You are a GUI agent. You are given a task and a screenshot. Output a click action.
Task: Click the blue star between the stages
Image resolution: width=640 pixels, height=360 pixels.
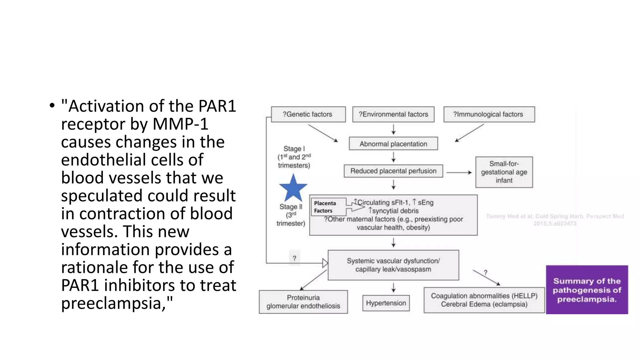[x=293, y=188]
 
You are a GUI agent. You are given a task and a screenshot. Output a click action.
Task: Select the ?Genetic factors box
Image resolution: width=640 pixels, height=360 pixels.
[x=308, y=114]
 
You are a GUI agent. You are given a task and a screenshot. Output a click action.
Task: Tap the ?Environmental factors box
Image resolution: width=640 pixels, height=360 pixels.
[x=393, y=114]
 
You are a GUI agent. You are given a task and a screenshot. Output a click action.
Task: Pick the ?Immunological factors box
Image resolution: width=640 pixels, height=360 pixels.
[x=489, y=114]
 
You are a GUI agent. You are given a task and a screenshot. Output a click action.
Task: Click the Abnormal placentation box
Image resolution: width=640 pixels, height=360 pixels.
[x=393, y=144]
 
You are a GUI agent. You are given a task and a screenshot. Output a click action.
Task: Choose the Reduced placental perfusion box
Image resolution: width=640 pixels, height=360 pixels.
[x=393, y=171]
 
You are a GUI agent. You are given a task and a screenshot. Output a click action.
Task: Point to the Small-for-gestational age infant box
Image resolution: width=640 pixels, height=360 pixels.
[x=504, y=172]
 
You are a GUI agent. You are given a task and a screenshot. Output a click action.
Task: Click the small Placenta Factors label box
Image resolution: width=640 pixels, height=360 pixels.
[x=327, y=207]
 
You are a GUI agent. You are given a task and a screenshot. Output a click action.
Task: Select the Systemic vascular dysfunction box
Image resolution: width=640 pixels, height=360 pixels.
[x=393, y=265]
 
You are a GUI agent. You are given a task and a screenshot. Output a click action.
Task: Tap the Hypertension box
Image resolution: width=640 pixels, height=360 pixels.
[x=386, y=303]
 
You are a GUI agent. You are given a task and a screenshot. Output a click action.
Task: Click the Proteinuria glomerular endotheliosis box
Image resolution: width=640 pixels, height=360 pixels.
[x=303, y=302]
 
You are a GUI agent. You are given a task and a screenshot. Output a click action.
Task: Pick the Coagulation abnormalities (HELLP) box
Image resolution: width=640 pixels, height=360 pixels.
[x=484, y=300]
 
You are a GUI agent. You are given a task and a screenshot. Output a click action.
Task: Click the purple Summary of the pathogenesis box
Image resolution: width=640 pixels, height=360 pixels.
[x=587, y=290]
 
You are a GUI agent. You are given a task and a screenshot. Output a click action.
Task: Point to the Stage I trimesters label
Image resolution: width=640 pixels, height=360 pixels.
[x=294, y=157]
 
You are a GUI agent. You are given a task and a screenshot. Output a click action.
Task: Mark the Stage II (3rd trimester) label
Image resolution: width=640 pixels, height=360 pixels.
[x=291, y=215]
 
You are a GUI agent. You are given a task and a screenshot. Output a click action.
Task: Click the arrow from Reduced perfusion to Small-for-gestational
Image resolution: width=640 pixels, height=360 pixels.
[x=459, y=172]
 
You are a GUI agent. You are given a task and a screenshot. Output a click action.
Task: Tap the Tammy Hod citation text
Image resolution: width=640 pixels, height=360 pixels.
[x=555, y=219]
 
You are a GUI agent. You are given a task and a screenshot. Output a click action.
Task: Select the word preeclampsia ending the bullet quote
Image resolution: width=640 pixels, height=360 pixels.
[x=113, y=303]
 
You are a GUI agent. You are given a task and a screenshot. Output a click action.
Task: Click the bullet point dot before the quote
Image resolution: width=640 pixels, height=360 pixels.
[x=52, y=106]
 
